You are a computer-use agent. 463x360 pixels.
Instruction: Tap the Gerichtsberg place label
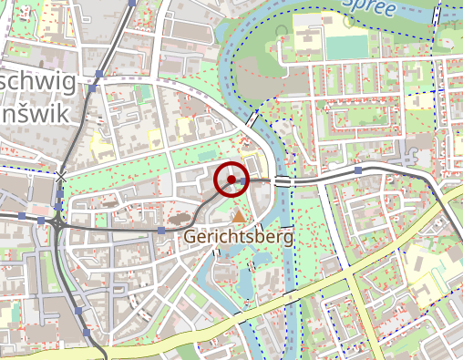(239, 237)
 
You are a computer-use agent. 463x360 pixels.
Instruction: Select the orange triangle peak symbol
(239, 216)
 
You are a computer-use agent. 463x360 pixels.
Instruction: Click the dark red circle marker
(231, 180)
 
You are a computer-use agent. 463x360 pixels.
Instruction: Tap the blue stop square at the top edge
(132, 3)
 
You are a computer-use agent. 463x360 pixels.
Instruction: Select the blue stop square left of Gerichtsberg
(162, 231)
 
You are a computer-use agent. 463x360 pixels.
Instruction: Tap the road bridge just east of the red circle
(283, 181)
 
